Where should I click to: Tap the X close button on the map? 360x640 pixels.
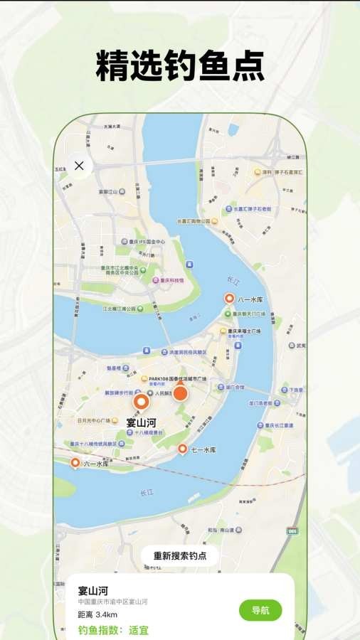79,166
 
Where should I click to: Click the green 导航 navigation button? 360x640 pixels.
260,610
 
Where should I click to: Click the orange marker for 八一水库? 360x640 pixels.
229,299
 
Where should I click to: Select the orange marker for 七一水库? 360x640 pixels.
182,449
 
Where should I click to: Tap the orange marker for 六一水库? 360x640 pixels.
75,463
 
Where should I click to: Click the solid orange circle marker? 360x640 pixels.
181,393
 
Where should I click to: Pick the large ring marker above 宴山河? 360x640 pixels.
142,402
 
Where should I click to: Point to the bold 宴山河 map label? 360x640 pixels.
141,423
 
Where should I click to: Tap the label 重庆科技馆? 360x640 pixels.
171,280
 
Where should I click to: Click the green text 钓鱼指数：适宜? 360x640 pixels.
113,630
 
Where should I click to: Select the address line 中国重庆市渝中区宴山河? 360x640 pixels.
112,602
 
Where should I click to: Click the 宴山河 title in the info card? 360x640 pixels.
92,590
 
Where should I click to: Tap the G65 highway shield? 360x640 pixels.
292,530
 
